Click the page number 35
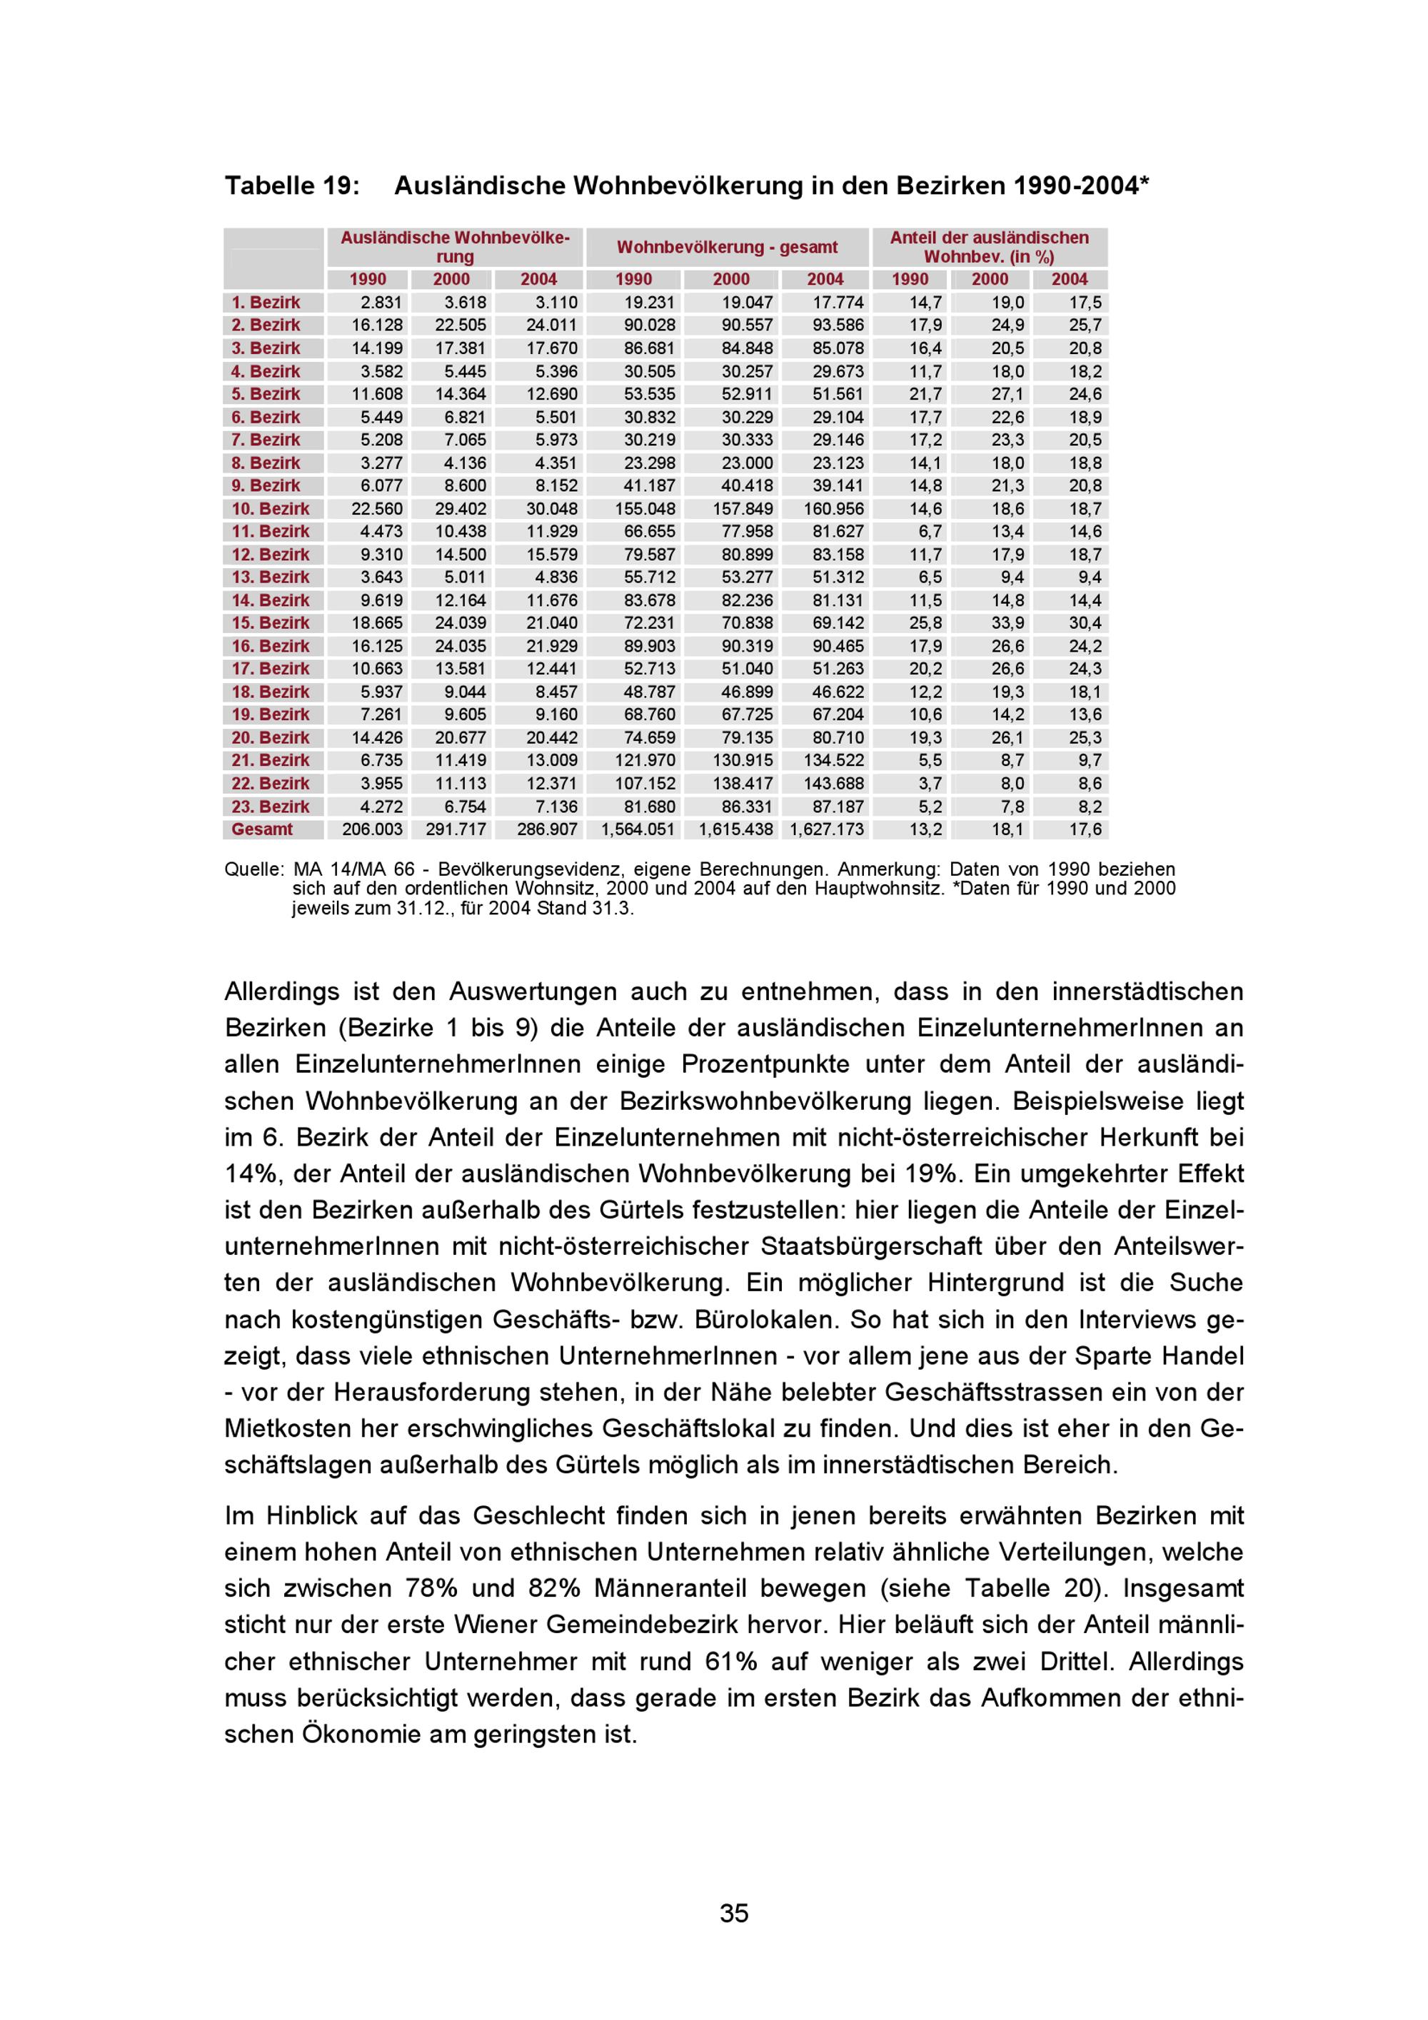click(x=734, y=1913)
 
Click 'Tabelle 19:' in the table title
click(x=292, y=186)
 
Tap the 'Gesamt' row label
click(x=261, y=829)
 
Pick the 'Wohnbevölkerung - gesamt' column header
click(x=727, y=247)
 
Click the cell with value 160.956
click(x=833, y=508)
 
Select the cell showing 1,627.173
click(x=826, y=829)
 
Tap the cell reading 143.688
click(x=833, y=783)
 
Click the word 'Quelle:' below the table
click(x=253, y=869)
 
